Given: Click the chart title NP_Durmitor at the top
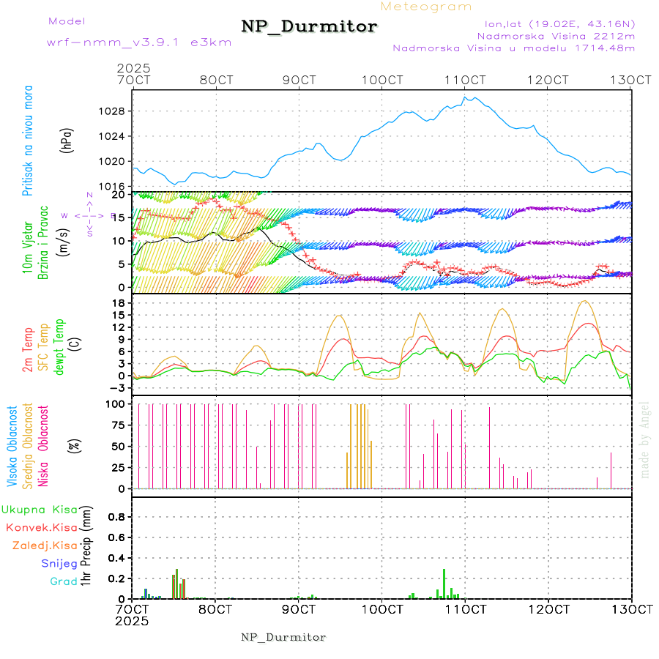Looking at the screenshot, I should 309,27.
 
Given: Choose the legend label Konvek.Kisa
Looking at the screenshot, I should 41,527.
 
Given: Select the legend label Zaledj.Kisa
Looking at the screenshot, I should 45,546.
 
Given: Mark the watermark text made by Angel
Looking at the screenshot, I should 645,439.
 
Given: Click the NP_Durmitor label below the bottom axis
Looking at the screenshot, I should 283,637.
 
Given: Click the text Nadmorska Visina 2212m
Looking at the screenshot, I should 556,35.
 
